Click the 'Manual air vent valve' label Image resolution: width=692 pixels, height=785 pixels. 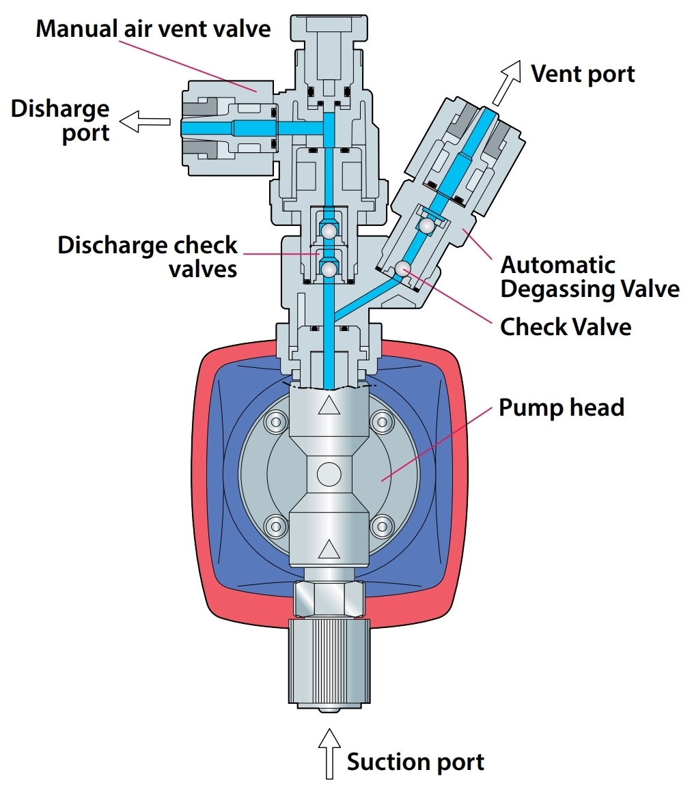pyautogui.click(x=153, y=29)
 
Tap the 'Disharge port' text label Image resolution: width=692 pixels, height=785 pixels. pyautogui.click(x=60, y=120)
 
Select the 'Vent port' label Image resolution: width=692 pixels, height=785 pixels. pyautogui.click(x=583, y=74)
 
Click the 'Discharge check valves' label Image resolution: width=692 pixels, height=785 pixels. pyautogui.click(x=148, y=256)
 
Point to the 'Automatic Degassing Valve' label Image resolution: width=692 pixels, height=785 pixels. pyautogui.click(x=590, y=276)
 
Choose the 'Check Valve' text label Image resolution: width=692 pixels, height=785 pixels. pyautogui.click(x=566, y=327)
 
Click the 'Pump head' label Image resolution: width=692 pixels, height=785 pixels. pyautogui.click(x=561, y=408)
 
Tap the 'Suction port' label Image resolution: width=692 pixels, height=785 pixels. pyautogui.click(x=415, y=762)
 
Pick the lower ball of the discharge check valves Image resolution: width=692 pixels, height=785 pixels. pyautogui.click(x=329, y=270)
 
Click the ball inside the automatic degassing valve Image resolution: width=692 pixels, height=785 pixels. pyautogui.click(x=427, y=225)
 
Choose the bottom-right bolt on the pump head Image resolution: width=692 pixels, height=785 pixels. pyautogui.click(x=381, y=525)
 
